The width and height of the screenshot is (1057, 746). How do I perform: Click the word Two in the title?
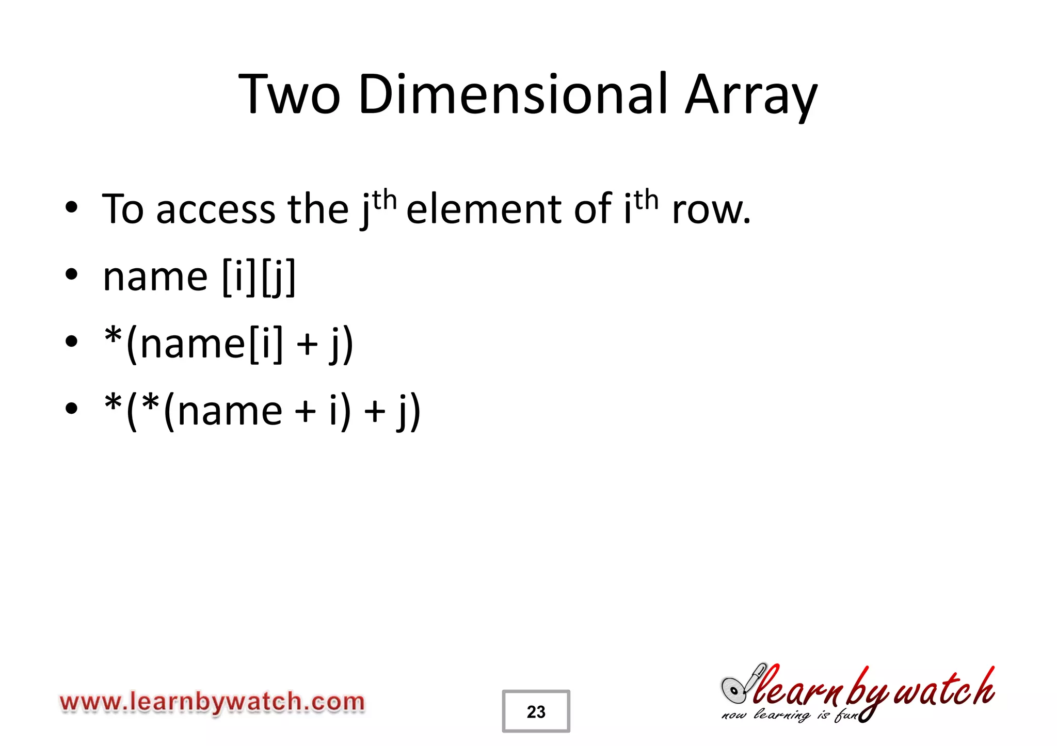coord(290,95)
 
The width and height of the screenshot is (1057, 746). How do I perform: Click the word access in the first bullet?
coord(216,210)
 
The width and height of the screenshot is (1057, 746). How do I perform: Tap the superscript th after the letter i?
coord(647,200)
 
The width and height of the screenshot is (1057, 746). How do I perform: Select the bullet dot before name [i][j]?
coord(71,274)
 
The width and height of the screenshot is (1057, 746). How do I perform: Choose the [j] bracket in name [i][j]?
coord(279,277)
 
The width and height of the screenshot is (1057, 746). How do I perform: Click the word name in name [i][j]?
coord(155,277)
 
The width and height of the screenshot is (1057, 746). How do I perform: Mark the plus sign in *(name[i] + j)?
coord(308,344)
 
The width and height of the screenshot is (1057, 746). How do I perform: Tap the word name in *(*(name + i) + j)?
coord(230,411)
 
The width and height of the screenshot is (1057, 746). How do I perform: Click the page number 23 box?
coord(536,711)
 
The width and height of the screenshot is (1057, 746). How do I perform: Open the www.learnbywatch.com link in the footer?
coord(212,702)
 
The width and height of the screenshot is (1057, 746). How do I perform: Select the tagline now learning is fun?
coord(790,716)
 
